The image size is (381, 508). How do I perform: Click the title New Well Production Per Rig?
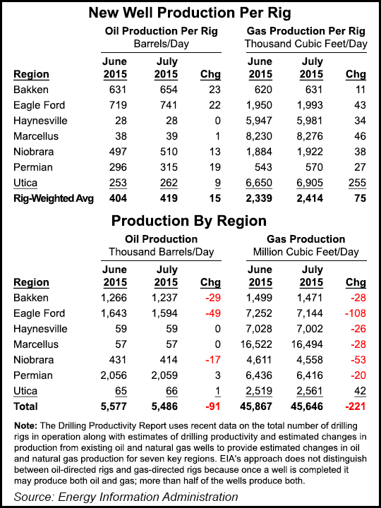190,13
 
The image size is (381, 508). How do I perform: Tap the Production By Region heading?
190,220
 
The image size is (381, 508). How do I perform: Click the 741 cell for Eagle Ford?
166,105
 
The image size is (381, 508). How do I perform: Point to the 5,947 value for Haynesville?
259,121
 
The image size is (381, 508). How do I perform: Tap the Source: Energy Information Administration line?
125,496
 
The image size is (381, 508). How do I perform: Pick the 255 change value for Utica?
353,183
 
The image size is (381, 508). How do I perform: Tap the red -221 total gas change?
351,406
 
